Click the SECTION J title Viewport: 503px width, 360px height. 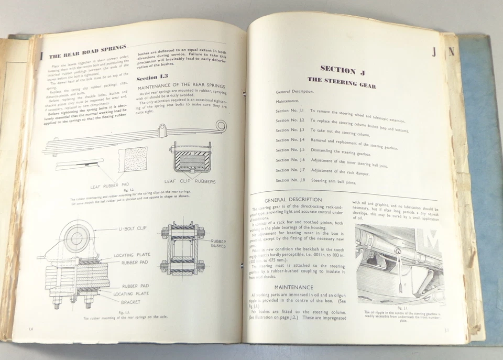(x=338, y=70)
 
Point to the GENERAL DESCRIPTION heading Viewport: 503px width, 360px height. (x=293, y=200)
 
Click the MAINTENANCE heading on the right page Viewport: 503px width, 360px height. (x=293, y=287)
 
